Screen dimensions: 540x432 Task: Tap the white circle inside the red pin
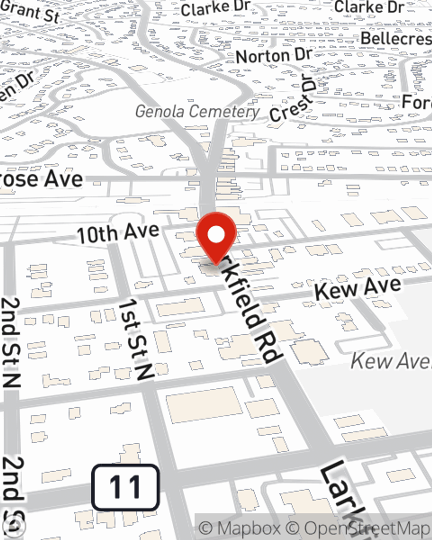pyautogui.click(x=216, y=235)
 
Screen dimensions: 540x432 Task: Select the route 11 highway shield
pyautogui.click(x=125, y=487)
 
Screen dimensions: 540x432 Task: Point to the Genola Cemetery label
pyautogui.click(x=197, y=111)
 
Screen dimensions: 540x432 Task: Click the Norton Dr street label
pyautogui.click(x=274, y=56)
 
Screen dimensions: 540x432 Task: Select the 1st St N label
pyautogui.click(x=136, y=340)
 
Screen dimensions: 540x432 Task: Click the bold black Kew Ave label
pyautogui.click(x=358, y=288)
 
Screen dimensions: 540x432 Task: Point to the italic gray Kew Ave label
pyautogui.click(x=391, y=361)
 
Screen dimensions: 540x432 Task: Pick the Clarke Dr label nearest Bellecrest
pyautogui.click(x=369, y=7)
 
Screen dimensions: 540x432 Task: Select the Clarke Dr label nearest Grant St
pyautogui.click(x=216, y=8)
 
